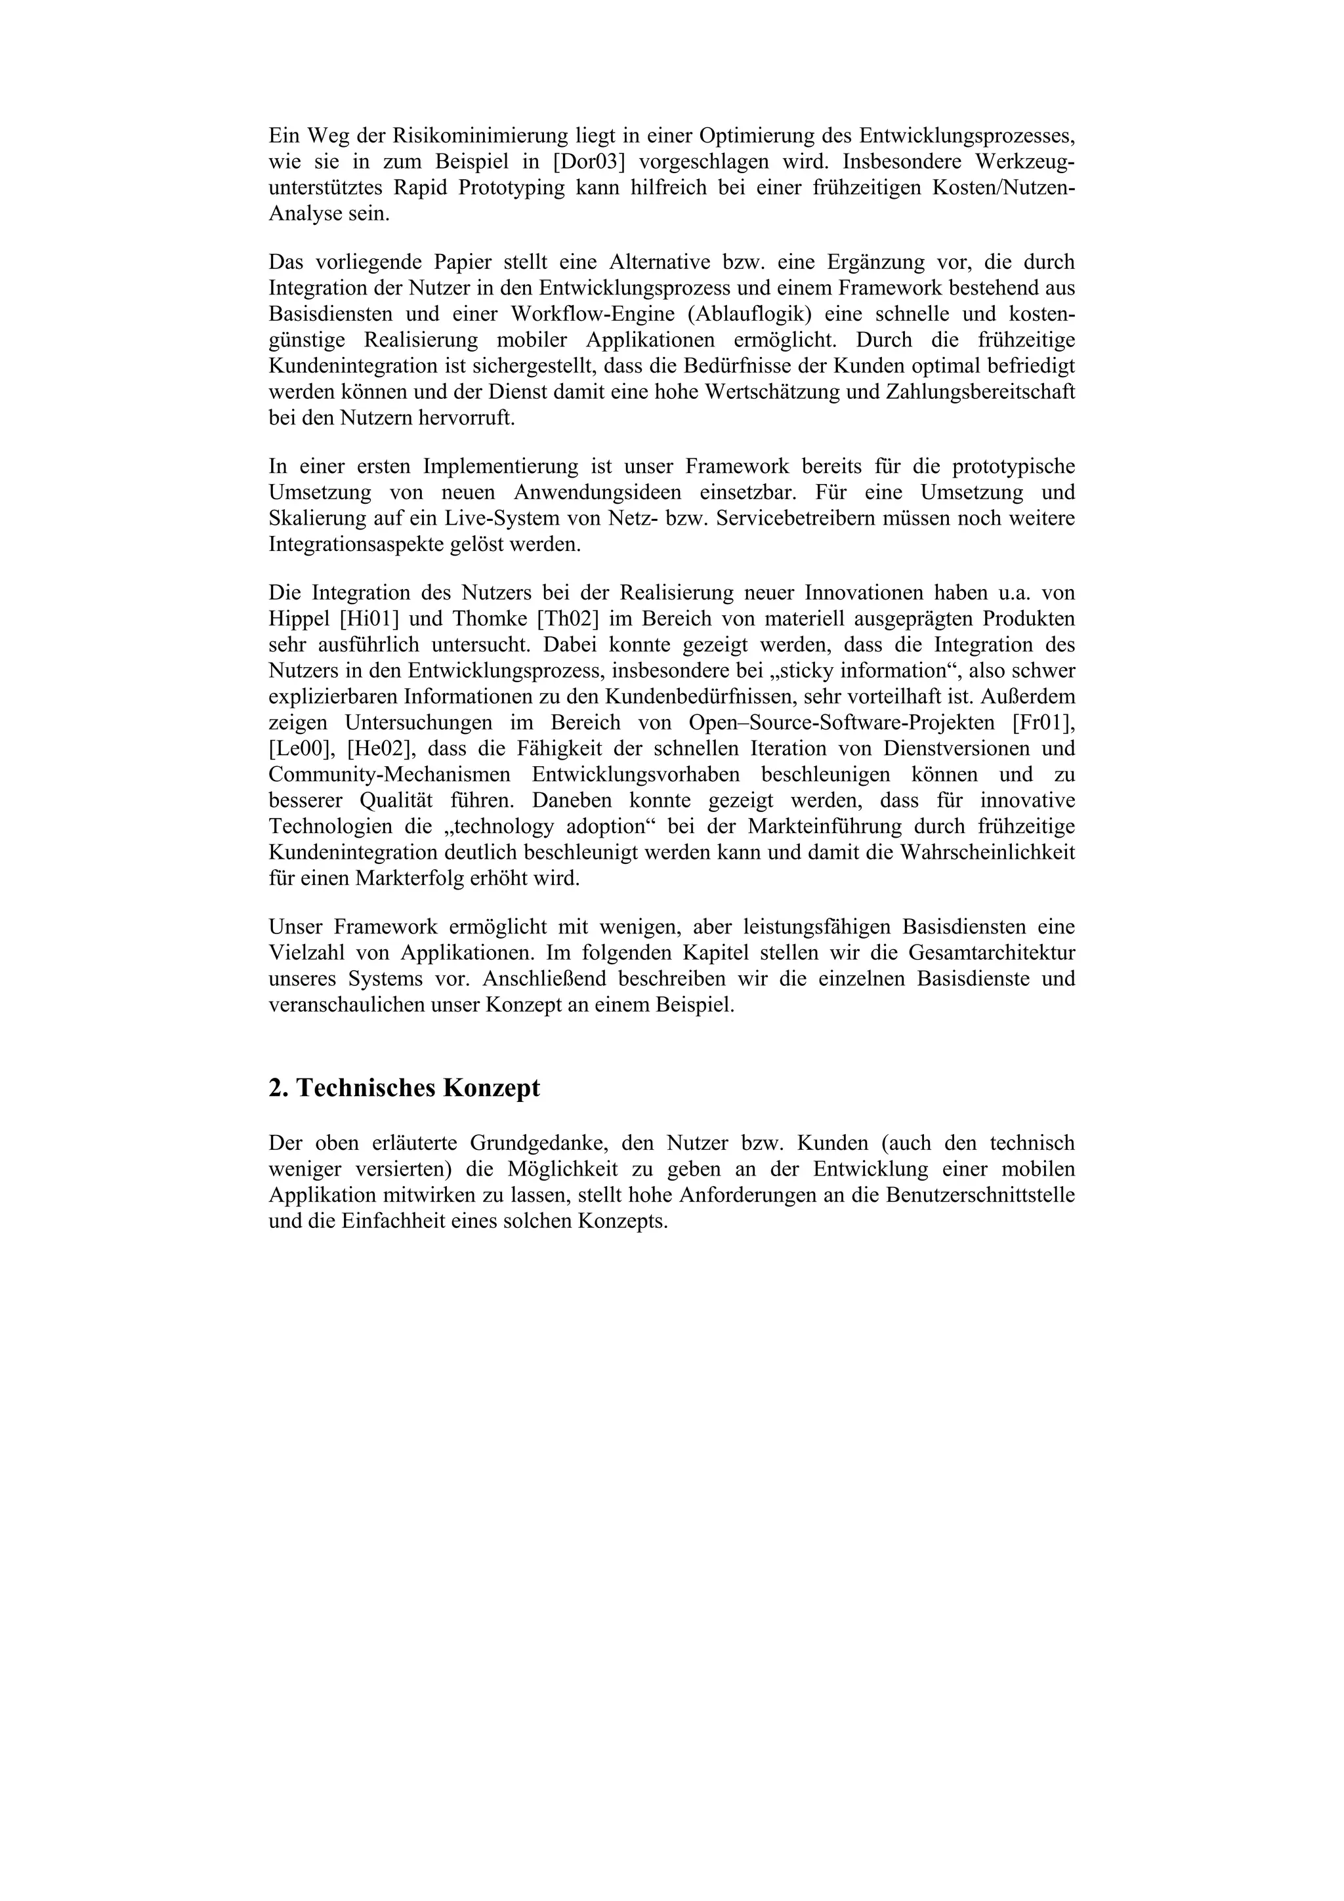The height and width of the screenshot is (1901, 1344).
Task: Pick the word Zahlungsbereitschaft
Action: (980, 392)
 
